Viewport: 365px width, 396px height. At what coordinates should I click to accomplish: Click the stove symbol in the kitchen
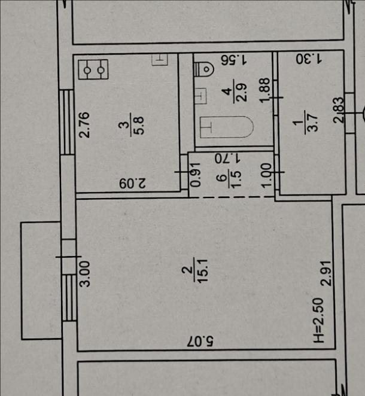(x=93, y=69)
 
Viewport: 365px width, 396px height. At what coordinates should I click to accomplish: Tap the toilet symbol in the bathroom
(x=203, y=69)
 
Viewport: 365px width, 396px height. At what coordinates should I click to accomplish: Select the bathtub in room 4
(x=227, y=127)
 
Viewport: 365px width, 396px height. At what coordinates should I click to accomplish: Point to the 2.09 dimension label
(x=133, y=184)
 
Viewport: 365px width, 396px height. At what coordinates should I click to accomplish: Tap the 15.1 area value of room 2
(x=203, y=270)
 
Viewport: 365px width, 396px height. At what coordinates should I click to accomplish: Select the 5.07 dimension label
(x=200, y=341)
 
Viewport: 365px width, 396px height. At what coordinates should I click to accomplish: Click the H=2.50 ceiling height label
(x=318, y=320)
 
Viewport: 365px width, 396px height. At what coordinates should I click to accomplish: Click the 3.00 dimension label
(x=85, y=274)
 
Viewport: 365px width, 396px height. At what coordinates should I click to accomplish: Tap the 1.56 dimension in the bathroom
(x=234, y=60)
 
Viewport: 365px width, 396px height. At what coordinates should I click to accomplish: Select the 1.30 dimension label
(x=309, y=59)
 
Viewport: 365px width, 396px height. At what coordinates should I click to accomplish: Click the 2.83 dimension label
(x=339, y=110)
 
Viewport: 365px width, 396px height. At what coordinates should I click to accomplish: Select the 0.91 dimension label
(x=195, y=175)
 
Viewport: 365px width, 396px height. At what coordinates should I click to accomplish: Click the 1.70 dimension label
(x=228, y=159)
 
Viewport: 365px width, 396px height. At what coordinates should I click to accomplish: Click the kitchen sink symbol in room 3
(x=160, y=60)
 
